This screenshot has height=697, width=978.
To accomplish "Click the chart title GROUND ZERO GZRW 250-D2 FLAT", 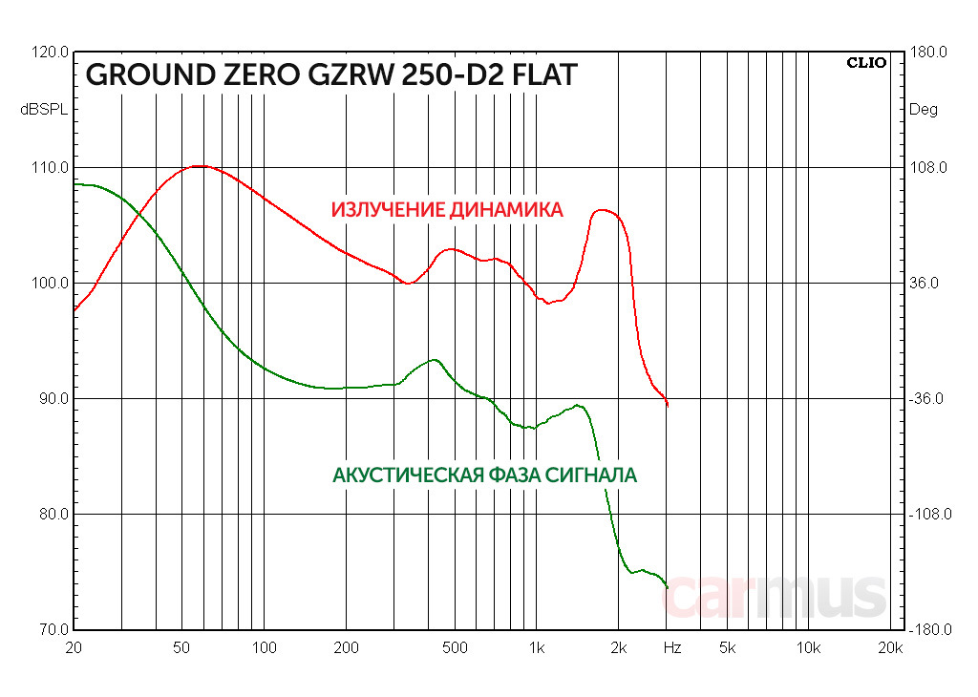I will [x=331, y=75].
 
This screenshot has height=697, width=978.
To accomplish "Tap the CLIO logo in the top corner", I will [x=866, y=63].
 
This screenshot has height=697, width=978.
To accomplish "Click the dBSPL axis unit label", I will [x=44, y=110].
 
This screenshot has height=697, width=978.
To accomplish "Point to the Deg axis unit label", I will [x=923, y=110].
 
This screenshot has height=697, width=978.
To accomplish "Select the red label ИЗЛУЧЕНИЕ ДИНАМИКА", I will [x=447, y=210].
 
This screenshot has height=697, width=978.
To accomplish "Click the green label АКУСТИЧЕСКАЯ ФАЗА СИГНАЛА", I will [x=484, y=475].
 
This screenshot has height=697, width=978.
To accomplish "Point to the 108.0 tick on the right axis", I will [x=926, y=168].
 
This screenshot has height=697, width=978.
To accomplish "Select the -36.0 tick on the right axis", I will [x=926, y=399].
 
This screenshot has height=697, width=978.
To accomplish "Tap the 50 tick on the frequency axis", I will [x=181, y=648].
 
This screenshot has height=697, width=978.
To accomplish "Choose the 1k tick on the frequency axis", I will [x=537, y=648].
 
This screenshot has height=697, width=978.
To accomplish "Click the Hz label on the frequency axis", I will [x=672, y=648].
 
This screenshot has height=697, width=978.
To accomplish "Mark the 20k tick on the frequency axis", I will [x=890, y=648].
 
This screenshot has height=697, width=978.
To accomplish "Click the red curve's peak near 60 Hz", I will [x=199, y=166].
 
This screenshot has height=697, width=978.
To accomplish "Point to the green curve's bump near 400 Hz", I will [x=435, y=360].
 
